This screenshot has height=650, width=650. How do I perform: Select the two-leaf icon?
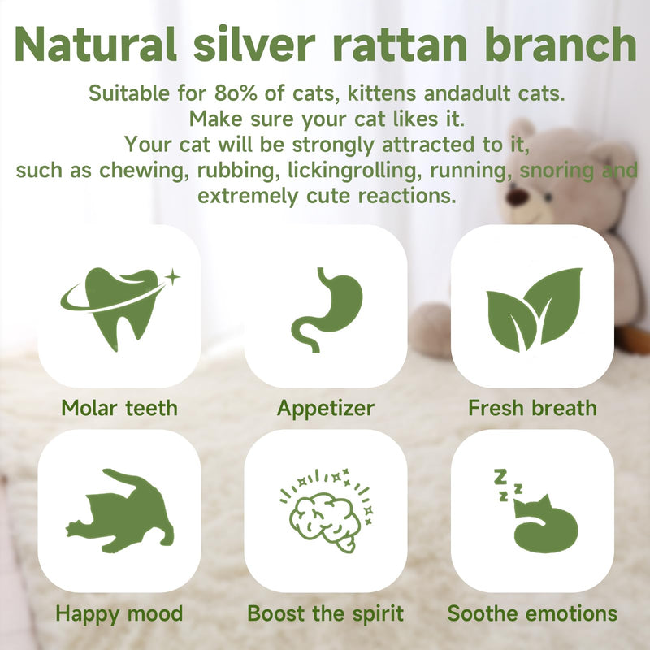[x=534, y=310]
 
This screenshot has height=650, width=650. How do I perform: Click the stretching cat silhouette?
[x=120, y=511]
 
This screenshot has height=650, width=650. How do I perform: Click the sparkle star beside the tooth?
[x=172, y=277]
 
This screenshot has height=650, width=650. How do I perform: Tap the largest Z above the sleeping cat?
[x=500, y=477]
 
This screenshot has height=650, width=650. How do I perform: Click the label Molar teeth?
[x=119, y=408]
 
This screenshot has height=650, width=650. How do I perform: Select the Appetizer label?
[x=326, y=409]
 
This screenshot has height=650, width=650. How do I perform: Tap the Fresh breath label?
[x=532, y=408]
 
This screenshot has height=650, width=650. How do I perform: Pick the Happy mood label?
[x=119, y=614]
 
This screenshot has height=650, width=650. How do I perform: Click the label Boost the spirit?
[x=326, y=614]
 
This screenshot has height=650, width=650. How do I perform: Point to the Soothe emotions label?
[x=532, y=613]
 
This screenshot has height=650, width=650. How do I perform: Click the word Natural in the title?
[x=96, y=45]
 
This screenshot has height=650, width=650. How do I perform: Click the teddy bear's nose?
[x=518, y=196]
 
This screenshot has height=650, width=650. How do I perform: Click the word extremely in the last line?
[x=248, y=197]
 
